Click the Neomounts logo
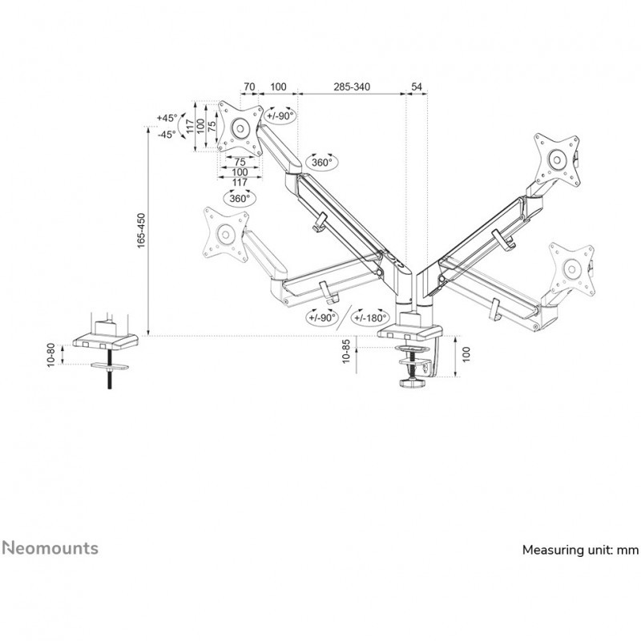pos(50,548)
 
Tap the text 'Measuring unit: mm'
pos(580,550)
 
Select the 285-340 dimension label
pos(352,87)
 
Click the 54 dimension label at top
pos(416,87)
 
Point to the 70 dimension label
pos(249,87)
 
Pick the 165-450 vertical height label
pos(141,231)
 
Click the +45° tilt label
pos(167,118)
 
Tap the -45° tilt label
pos(167,134)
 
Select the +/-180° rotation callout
pos(370,317)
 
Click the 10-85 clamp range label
pos(346,351)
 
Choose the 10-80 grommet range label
pos(50,355)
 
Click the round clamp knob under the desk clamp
pos(413,383)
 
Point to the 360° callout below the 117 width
pos(239,198)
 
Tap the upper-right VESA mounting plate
pos(557,159)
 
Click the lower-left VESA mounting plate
pos(225,234)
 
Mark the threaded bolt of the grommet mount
pos(110,369)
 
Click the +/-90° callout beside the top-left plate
pos(280,115)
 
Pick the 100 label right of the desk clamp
pos(466,354)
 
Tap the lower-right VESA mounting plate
pos(571,269)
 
